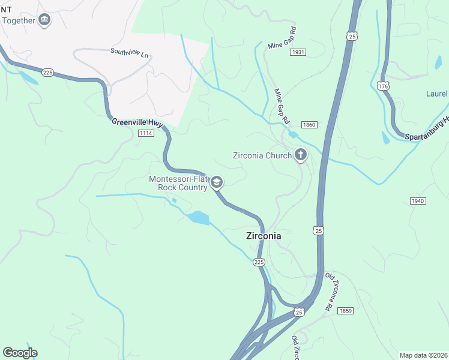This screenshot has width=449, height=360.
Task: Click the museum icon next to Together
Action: click(x=44, y=20)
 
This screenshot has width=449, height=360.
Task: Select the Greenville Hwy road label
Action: click(x=137, y=122)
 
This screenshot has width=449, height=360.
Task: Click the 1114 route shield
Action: click(x=145, y=133)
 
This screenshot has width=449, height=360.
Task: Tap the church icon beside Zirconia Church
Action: click(x=300, y=156)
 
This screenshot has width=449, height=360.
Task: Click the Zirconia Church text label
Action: click(x=261, y=155)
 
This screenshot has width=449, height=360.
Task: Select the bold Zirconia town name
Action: click(x=264, y=236)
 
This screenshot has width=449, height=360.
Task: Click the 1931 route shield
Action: click(x=298, y=53)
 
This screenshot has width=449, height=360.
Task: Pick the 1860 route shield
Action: click(x=309, y=125)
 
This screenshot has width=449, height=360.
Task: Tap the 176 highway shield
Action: click(x=383, y=87)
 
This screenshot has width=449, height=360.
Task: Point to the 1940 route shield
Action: click(x=418, y=200)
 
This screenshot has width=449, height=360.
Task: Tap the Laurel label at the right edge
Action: click(x=437, y=94)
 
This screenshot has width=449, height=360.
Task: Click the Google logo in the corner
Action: click(x=20, y=352)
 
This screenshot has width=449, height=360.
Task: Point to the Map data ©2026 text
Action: click(x=423, y=355)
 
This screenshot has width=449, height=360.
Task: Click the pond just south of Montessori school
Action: click(x=197, y=218)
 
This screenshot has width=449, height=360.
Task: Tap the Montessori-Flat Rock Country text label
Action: click(x=179, y=183)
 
